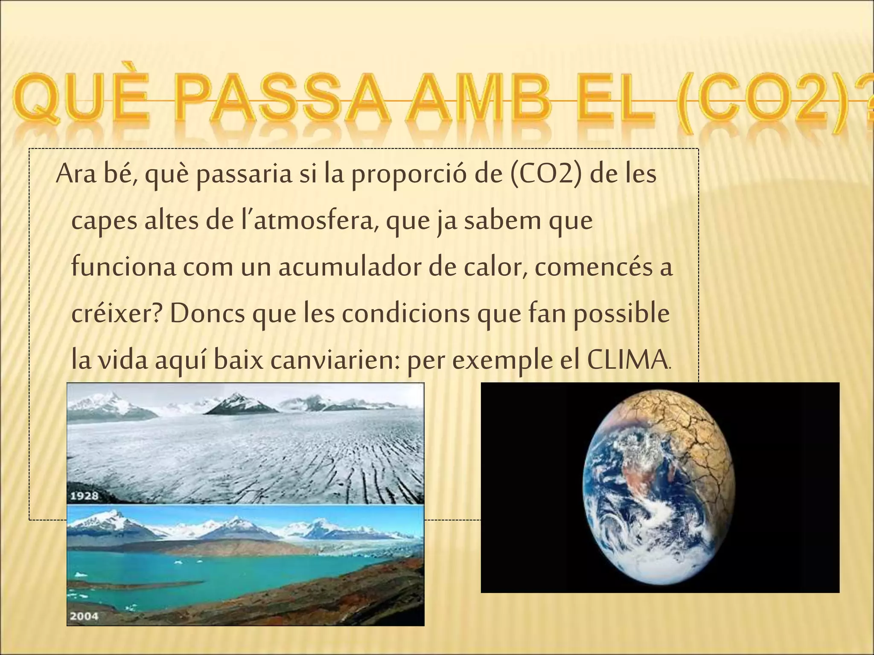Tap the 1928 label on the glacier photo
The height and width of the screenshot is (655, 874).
(84, 496)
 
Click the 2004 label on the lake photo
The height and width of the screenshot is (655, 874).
(84, 616)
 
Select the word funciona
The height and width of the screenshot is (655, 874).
(124, 268)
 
